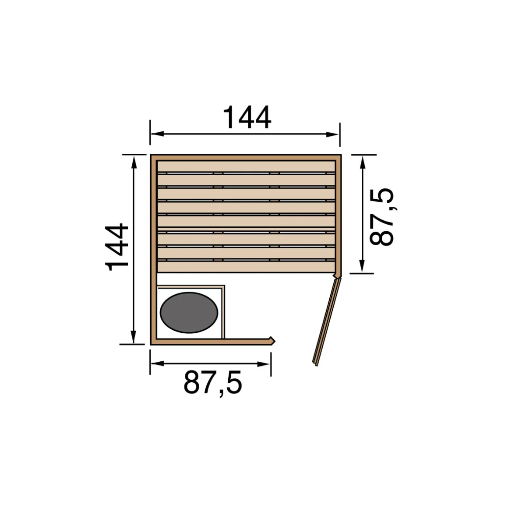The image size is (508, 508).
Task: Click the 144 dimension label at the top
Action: point(247,117)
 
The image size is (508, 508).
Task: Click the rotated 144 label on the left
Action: point(117,247)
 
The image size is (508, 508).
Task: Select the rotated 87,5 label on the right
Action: point(382,217)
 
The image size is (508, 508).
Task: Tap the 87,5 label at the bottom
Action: point(212,383)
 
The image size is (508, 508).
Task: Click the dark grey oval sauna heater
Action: point(189,312)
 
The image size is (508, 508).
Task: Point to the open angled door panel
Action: point(327,322)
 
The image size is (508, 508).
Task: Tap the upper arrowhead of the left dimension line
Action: point(134,162)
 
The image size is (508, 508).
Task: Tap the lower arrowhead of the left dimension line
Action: point(133,337)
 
